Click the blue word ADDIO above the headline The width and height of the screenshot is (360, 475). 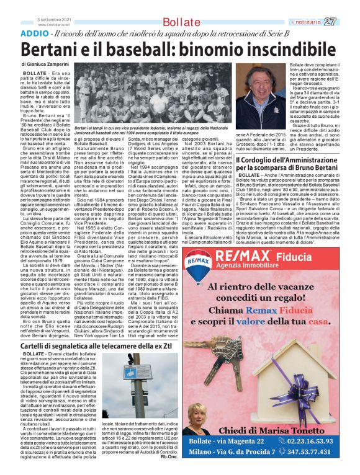(35, 33)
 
